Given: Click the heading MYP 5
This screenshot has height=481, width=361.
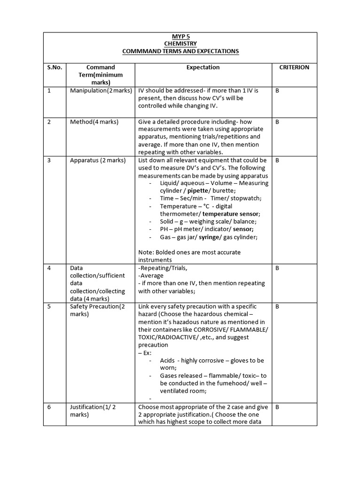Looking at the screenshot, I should pos(180,36).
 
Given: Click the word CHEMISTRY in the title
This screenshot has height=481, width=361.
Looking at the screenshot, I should pos(180,44).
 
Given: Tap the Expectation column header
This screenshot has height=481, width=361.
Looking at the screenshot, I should pos(203,67).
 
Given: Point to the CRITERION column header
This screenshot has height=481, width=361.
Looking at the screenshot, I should pos(294,67).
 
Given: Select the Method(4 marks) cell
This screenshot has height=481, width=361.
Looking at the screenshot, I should pos(94,122).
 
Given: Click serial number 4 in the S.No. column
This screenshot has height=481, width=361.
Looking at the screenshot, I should pos(49,268).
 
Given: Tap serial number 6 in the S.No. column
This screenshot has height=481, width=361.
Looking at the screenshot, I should pos(49,407).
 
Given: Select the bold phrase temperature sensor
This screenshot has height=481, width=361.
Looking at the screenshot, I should pos(230,214).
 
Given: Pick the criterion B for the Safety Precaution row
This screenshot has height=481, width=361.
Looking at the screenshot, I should pos(277,307).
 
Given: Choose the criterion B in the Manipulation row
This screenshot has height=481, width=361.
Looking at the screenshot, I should pos(277,90).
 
